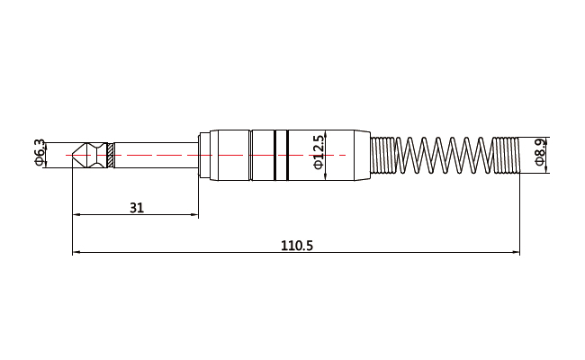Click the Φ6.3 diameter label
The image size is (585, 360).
click(40, 152)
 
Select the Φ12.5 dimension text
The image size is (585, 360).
click(319, 152)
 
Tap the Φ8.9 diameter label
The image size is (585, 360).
click(540, 151)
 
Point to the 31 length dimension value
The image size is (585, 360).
click(137, 208)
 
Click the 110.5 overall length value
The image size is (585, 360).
click(297, 246)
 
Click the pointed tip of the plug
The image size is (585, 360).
click(72, 155)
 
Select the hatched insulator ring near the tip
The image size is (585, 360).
click(110, 155)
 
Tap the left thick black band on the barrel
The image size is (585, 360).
click(275, 155)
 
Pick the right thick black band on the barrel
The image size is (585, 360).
click(287, 155)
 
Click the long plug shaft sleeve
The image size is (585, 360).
click(156, 155)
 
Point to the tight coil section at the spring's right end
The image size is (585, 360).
click(507, 155)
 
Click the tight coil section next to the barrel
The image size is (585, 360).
click(382, 155)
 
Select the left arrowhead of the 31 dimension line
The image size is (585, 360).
click(76, 214)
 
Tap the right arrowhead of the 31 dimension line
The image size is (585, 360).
click(194, 214)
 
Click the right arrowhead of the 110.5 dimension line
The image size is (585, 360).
click(516, 253)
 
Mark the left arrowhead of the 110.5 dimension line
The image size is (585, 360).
click(76, 253)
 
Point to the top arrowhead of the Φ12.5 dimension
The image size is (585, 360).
click(326, 133)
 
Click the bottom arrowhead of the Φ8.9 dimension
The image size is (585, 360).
click(546, 170)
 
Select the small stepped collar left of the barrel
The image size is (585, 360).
click(204, 155)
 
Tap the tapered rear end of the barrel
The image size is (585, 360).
click(362, 155)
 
